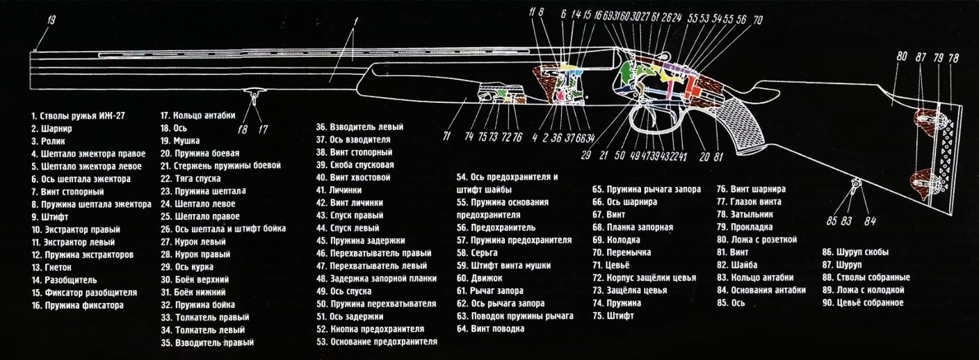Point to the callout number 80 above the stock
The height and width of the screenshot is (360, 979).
tap(902, 57)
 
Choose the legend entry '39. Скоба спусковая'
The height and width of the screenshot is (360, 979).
tap(355, 165)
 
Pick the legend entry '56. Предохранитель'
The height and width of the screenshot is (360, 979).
tap(496, 227)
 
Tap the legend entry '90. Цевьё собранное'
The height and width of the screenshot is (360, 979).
tap(862, 302)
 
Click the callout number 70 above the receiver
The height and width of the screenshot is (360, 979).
tap(758, 19)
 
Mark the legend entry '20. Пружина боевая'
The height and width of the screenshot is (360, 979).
tap(200, 153)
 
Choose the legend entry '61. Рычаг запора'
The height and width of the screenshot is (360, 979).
tap(489, 291)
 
